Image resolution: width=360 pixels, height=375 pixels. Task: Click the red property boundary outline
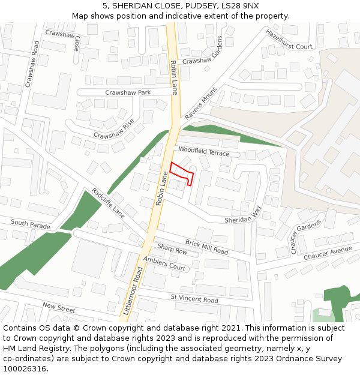coord(181,173)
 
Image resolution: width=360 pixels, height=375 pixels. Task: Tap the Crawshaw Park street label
coord(128,92)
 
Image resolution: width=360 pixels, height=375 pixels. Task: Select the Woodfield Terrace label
coord(204,152)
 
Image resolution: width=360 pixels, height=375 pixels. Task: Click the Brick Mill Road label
coord(206,246)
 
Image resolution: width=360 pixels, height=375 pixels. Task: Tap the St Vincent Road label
coord(194,298)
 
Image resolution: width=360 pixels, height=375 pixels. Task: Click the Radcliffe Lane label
coord(108,203)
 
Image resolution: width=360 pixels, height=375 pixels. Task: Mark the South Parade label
coord(31,224)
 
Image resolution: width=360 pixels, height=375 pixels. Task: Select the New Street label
coord(59,308)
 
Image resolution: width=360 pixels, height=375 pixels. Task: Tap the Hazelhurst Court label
coord(289,39)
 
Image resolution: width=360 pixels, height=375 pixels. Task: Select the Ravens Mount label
coord(200,103)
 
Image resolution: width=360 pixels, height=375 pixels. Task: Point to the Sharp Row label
coord(172,249)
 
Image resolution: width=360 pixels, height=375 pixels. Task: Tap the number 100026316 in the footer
coord(25,368)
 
